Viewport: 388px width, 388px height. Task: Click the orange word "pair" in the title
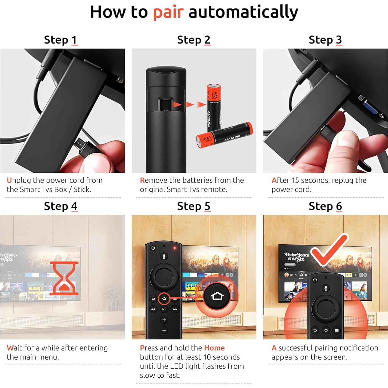168,12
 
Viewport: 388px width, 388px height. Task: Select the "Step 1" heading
61,40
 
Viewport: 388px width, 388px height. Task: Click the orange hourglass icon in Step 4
64,278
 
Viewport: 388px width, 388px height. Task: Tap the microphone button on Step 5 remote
164,257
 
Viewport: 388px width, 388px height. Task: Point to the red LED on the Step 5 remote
175,248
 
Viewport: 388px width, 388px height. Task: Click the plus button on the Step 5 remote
164,320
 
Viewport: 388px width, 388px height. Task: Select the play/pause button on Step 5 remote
164,309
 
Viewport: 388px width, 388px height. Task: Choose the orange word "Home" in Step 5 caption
214,348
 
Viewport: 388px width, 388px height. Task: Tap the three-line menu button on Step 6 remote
337,330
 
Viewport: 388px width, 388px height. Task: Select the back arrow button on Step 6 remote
315,330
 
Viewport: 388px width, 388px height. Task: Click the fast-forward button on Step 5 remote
175,309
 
